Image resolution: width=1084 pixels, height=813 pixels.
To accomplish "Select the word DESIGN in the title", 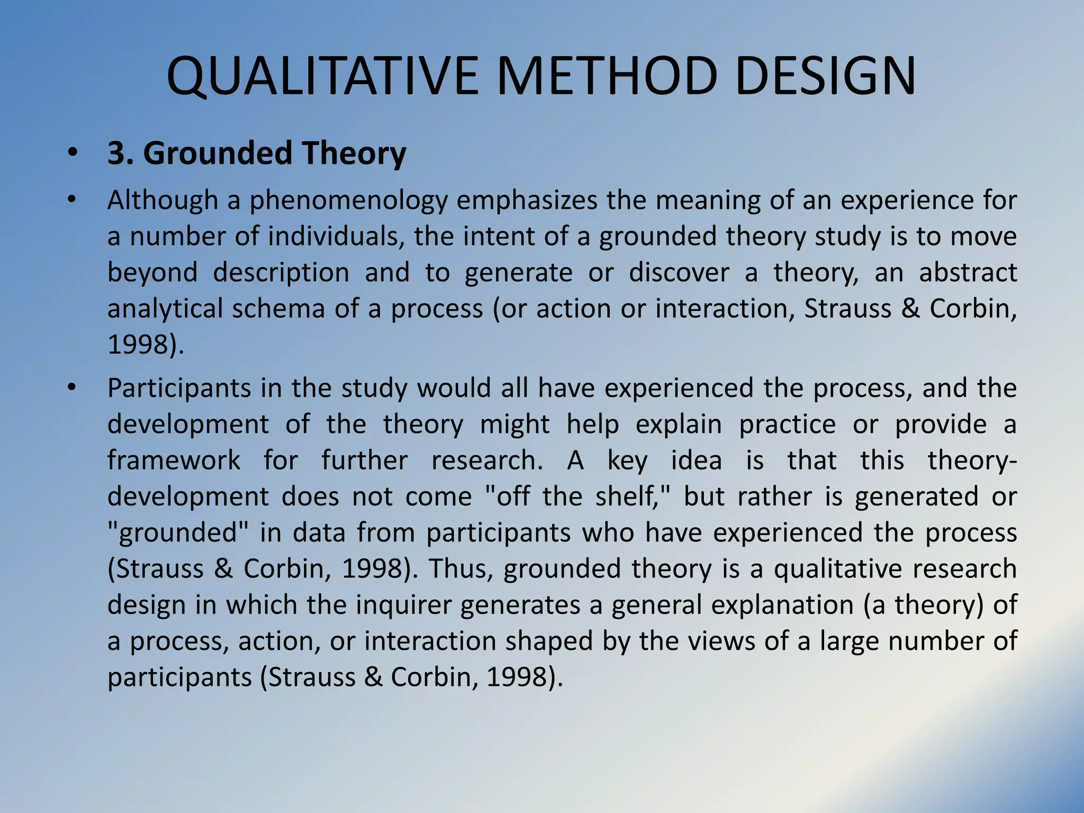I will (825, 77).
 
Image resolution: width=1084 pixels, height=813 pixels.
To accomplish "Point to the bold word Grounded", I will (218, 153).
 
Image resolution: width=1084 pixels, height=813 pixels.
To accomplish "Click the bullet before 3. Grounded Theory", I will (73, 154).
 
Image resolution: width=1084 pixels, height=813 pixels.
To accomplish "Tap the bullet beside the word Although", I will (73, 200).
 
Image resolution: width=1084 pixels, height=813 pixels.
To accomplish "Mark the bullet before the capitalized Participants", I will (73, 388).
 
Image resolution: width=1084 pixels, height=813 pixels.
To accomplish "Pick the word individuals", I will (332, 236).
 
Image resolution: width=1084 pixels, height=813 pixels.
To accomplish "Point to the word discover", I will (679, 273).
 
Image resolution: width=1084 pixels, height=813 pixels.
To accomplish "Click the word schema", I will (278, 309).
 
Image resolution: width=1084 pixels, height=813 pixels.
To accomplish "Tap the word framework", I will (174, 460).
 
